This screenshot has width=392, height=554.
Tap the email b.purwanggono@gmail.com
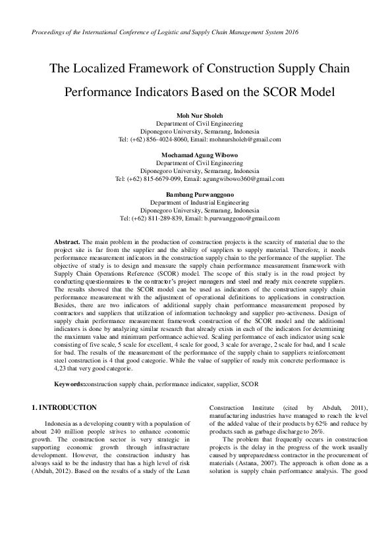[x=242, y=218]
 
